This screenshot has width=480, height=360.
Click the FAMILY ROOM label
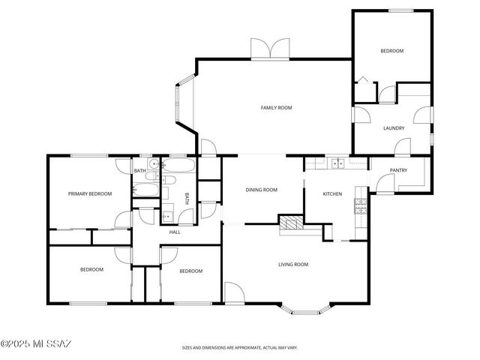coord(276,108)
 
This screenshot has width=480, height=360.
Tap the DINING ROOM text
coord(262,190)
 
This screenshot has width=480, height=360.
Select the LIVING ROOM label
coord(293,264)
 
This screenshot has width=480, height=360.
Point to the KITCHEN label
coord(332,194)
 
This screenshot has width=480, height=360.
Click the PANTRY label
coord(398,170)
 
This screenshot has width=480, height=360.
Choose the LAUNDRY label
coord(394,128)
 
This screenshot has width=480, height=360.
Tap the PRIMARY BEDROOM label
coord(90,193)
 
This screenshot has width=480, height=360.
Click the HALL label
coord(175,232)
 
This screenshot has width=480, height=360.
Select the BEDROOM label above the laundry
coord(391,51)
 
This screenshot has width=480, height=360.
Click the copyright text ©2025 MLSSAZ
coord(35,344)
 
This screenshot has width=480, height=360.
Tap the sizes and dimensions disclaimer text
coord(240,348)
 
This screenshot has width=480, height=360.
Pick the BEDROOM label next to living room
coord(191,271)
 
